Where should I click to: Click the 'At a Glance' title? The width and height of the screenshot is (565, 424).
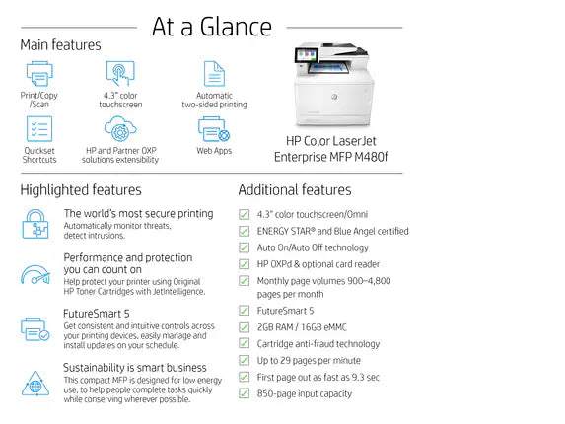coord(211,27)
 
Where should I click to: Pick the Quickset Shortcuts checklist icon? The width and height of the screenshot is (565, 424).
coord(38,129)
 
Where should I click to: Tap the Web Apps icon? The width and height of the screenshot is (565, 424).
coord(213,129)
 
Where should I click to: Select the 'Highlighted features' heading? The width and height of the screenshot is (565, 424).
coord(80,189)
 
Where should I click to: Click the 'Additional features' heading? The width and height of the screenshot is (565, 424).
coord(294,189)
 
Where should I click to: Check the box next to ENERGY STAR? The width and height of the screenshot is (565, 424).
coord(244,231)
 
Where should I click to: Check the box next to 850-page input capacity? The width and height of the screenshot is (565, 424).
coord(244,392)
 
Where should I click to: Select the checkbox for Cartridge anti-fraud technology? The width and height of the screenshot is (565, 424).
coord(244,344)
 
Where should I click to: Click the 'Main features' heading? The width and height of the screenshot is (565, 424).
coord(60,44)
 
